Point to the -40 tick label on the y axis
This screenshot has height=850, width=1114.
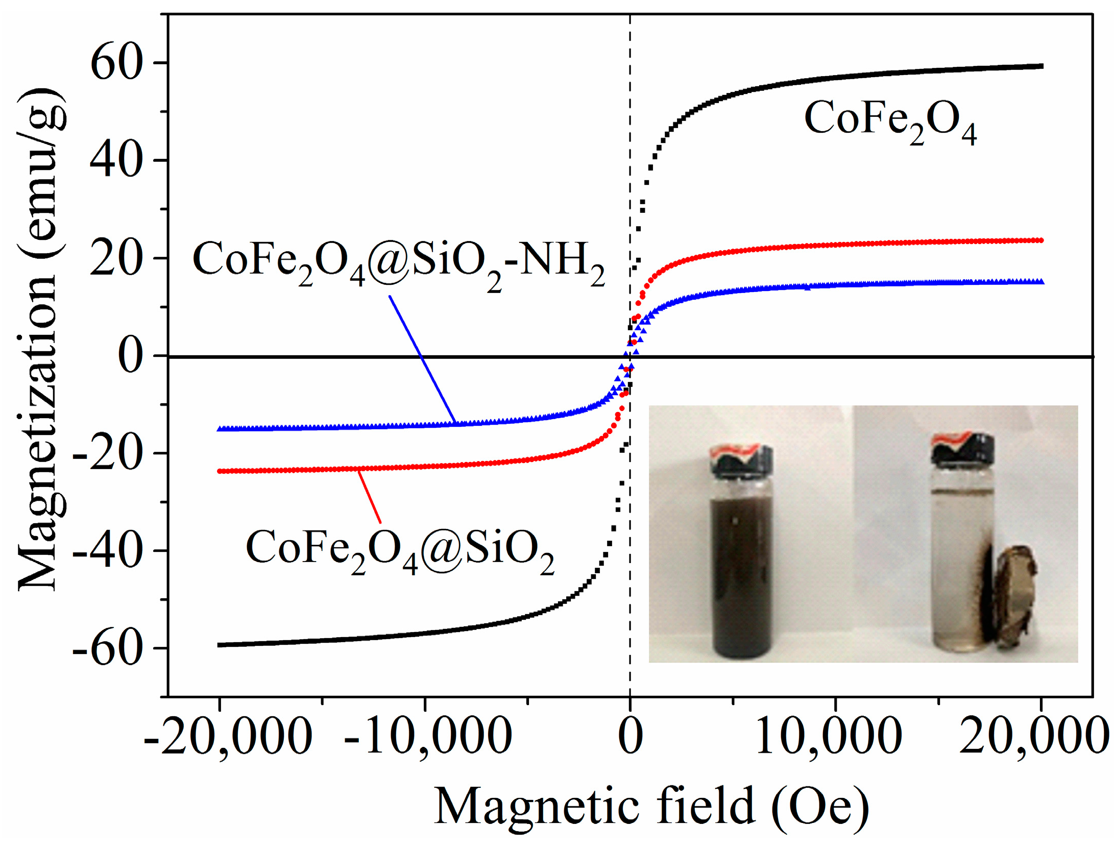(x=107, y=552)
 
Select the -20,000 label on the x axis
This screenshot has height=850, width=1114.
(x=228, y=737)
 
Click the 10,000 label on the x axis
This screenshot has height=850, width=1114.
(x=828, y=737)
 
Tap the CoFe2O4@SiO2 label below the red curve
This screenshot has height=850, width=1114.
(x=400, y=549)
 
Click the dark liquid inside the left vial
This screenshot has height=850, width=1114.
(x=741, y=572)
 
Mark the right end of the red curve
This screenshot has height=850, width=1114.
(x=1040, y=240)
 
